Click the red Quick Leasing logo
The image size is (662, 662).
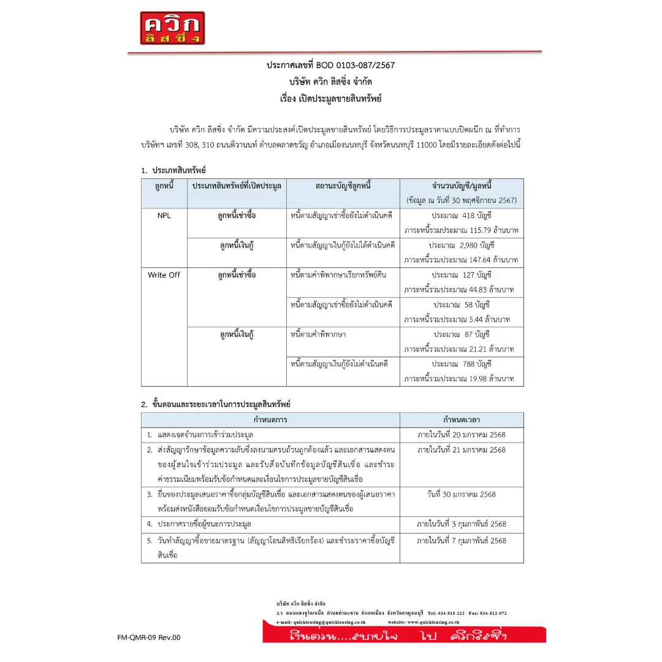click(x=172, y=28)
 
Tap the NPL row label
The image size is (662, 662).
click(x=164, y=216)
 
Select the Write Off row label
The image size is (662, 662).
click(x=164, y=275)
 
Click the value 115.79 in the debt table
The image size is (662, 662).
click(x=476, y=230)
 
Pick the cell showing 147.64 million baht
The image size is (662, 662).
click(x=476, y=260)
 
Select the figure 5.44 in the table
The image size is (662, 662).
click(x=473, y=319)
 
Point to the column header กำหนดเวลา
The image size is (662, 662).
click(x=462, y=420)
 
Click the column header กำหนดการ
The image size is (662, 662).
click(x=270, y=420)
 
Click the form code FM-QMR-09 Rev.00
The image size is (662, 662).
click(x=149, y=637)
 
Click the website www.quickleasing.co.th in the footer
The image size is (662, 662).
click(x=433, y=622)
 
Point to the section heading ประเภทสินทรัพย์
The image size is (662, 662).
click(x=179, y=170)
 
